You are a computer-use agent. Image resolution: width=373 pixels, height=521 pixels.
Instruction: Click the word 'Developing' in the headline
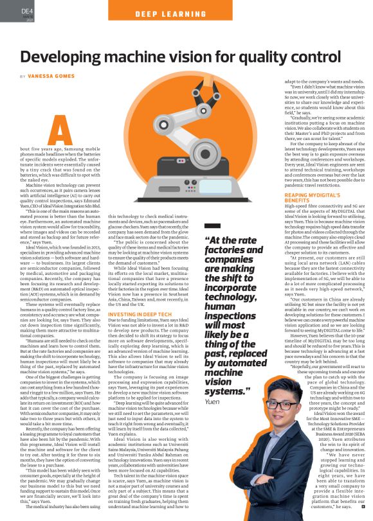pos(68,55)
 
